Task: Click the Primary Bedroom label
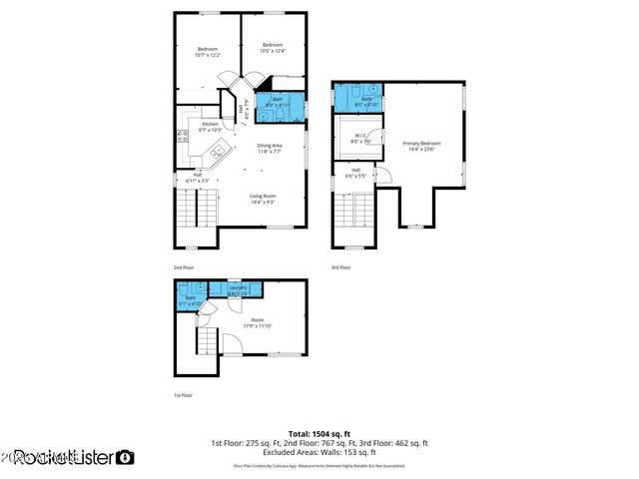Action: coord(421,147)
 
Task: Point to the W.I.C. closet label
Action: coord(359,139)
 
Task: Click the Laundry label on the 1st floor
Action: coord(238,289)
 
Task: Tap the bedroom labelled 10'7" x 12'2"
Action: coord(208,52)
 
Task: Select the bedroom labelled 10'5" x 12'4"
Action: coord(273,48)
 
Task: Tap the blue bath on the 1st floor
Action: coord(191,299)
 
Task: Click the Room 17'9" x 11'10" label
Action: coord(256,323)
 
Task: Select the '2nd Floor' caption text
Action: coord(183,267)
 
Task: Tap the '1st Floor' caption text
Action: coord(183,395)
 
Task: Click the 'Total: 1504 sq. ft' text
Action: coord(319,434)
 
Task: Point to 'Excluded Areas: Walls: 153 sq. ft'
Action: coord(319,452)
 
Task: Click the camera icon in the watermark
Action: coord(125,457)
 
